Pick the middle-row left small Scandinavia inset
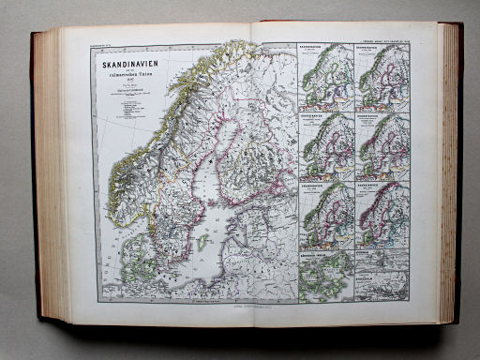coord(327,145)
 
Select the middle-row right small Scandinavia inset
coord(382,145)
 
